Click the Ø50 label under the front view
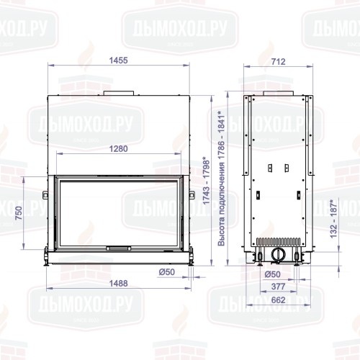pyautogui.click(x=168, y=271)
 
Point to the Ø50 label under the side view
pyautogui.click(x=272, y=274)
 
